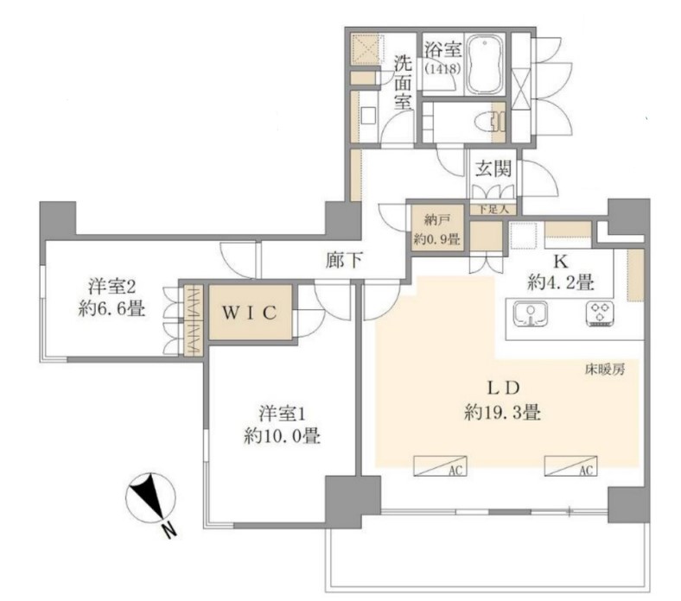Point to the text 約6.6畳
coord(111,308)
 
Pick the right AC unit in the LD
coord(569,467)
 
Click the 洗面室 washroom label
coord(403,82)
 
